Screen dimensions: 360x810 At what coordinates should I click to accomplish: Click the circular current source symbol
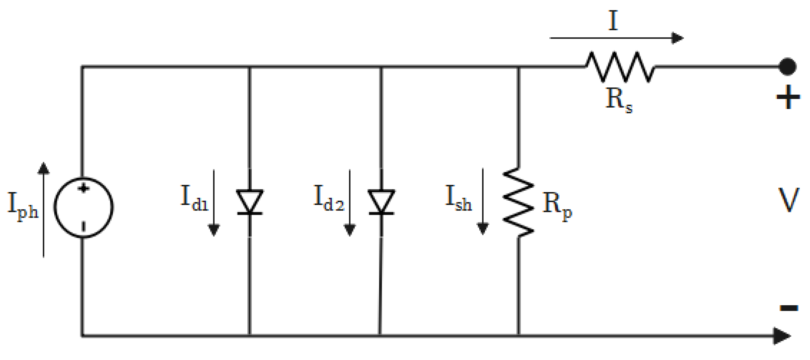click(x=83, y=208)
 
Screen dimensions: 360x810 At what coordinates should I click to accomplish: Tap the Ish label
click(x=458, y=198)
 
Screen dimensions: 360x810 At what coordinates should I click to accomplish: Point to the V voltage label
click(x=788, y=200)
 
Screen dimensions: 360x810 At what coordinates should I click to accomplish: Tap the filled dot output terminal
click(x=787, y=67)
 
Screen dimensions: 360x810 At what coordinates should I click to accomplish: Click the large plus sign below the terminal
click(x=788, y=97)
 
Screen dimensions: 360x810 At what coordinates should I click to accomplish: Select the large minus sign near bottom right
click(x=789, y=307)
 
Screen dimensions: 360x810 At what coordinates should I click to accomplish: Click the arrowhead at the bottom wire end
click(x=782, y=336)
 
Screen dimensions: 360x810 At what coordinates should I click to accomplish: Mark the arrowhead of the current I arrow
click(x=677, y=38)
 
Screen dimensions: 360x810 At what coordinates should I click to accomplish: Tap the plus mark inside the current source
click(x=83, y=188)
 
